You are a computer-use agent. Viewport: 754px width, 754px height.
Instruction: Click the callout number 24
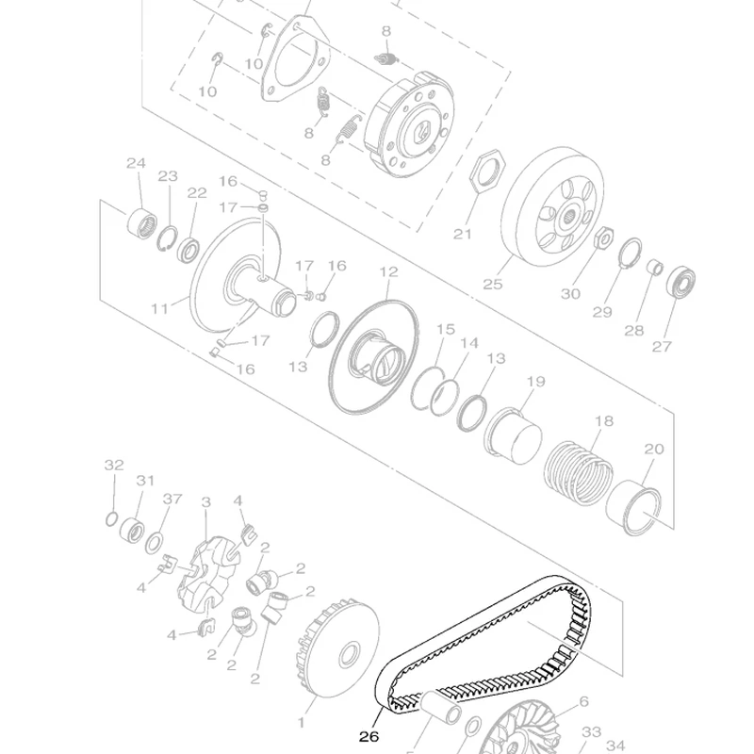tap(136, 163)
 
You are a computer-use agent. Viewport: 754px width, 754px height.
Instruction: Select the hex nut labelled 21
tap(489, 172)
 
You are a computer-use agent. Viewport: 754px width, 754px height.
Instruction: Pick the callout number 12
tap(387, 272)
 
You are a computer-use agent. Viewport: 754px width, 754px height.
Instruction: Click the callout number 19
tap(535, 382)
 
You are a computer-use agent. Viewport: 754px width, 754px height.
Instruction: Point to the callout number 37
tap(171, 499)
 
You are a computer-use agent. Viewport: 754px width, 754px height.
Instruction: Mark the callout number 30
tap(570, 294)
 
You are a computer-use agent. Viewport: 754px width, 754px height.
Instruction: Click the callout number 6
tap(583, 701)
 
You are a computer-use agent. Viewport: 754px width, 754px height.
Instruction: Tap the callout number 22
tap(196, 193)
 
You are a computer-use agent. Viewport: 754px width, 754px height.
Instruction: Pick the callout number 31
tap(144, 481)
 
